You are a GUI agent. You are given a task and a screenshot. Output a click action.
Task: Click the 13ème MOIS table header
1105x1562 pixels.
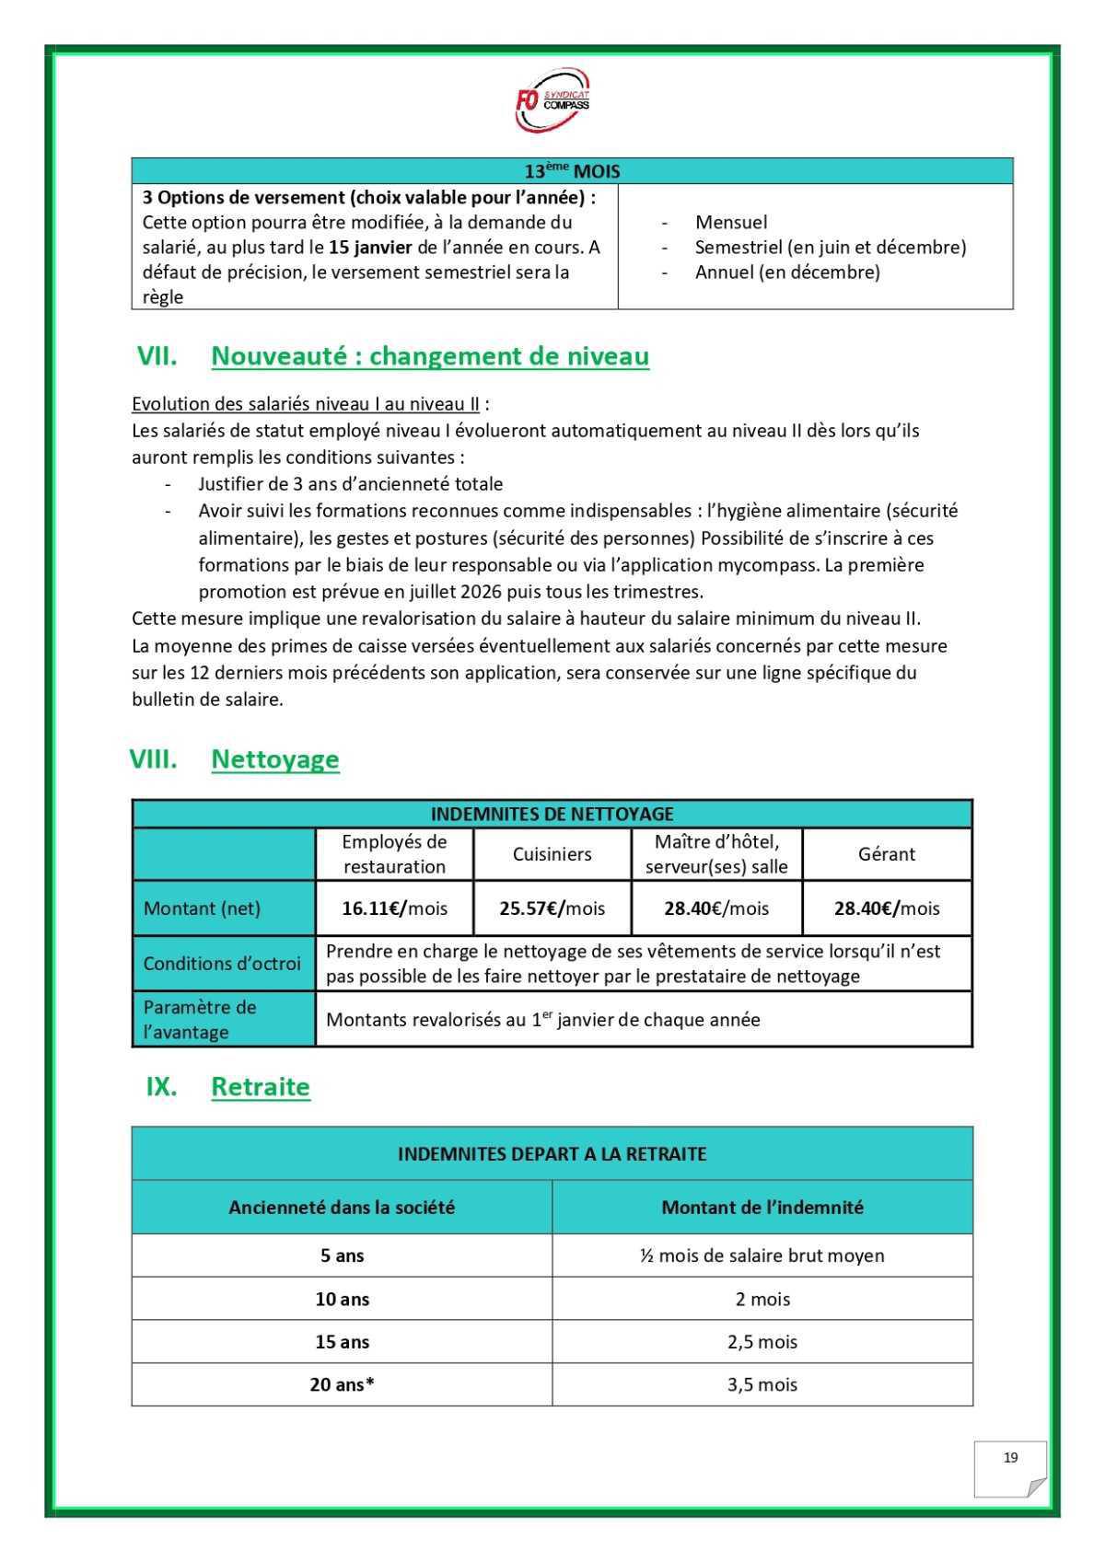(572, 171)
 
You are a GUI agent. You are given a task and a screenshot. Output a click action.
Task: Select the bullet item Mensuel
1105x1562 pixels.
(731, 222)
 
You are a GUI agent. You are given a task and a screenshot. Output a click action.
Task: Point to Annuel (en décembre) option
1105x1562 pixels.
(787, 272)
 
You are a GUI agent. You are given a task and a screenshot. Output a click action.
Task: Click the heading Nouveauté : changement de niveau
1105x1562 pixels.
(430, 356)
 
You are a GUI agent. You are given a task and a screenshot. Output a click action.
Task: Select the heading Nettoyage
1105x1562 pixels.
(275, 759)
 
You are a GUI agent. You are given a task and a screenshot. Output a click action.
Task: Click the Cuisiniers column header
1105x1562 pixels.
(552, 854)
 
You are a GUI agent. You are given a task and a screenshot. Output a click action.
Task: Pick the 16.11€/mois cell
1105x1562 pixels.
(394, 908)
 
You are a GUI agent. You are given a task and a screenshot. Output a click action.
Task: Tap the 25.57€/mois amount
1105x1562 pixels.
(552, 908)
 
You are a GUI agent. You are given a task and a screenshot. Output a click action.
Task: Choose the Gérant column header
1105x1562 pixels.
(886, 854)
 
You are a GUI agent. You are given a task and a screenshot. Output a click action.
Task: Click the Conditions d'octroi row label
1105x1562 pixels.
(222, 964)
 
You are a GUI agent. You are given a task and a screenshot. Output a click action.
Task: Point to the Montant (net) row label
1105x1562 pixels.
(202, 908)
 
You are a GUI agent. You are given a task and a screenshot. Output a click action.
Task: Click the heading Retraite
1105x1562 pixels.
(261, 1087)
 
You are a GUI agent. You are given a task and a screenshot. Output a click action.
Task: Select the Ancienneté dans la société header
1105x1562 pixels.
(342, 1208)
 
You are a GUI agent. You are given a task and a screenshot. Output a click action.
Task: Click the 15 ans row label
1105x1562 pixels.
(342, 1342)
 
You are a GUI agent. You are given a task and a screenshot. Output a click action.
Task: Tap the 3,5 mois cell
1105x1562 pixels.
(762, 1384)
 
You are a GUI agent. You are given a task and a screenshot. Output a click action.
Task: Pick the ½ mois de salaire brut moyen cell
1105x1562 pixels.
(762, 1255)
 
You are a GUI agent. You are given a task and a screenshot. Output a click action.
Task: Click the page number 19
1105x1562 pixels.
(1010, 1458)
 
